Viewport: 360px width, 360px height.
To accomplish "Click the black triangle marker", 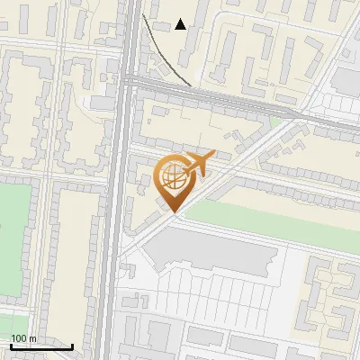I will pos(181,24).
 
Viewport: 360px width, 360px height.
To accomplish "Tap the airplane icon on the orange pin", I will pos(198,164).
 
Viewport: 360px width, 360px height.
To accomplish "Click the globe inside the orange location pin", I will pos(172,176).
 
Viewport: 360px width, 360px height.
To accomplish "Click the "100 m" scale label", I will pos(23,338).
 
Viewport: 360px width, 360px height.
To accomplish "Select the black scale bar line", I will pos(41,346).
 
